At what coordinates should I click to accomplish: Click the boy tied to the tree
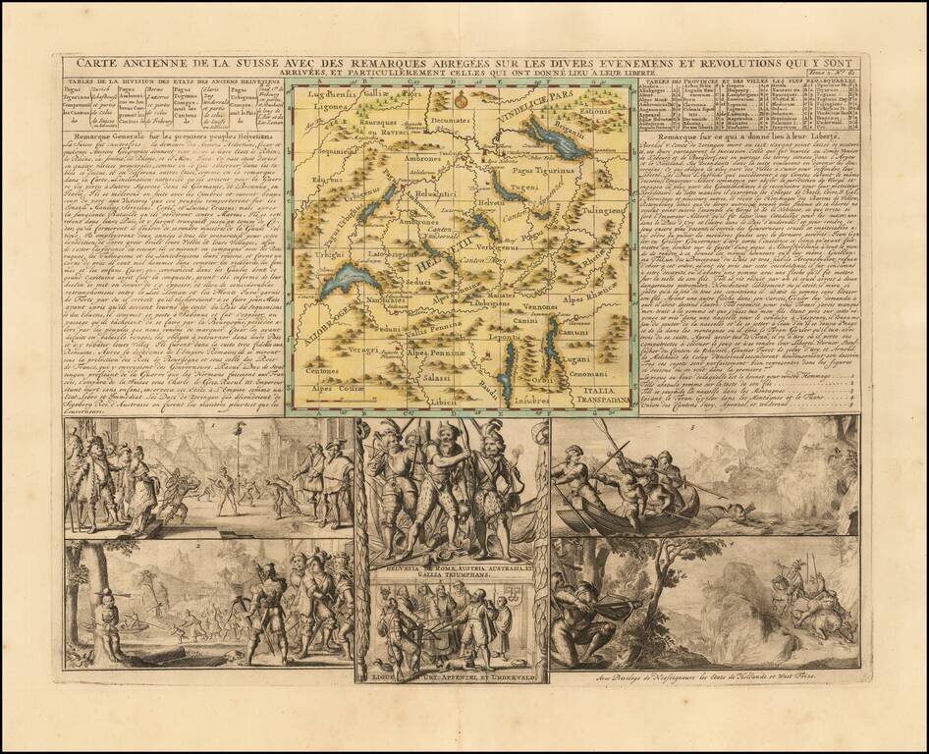tap(107, 609)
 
